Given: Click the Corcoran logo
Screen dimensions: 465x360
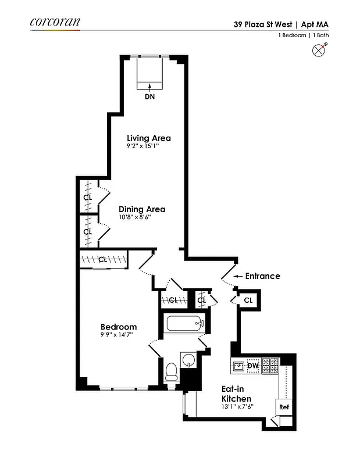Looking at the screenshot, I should (x=55, y=23).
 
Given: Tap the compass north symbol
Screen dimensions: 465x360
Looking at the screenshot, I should (x=318, y=51).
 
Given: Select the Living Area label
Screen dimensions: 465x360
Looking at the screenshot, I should (x=149, y=138).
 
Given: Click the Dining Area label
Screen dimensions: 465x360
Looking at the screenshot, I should (x=142, y=209).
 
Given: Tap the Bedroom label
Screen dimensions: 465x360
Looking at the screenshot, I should (x=119, y=327).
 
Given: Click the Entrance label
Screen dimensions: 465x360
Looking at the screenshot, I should (x=262, y=276).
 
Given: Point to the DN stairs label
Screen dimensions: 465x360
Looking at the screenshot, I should (x=150, y=96).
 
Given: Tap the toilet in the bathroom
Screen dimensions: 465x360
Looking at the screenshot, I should (x=172, y=370).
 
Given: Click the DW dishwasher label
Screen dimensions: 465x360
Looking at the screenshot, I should (x=253, y=366).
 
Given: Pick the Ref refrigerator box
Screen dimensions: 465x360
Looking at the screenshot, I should (x=284, y=407).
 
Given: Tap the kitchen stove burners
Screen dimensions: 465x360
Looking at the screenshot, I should (x=270, y=365).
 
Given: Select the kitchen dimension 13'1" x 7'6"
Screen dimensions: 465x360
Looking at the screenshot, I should (x=236, y=407).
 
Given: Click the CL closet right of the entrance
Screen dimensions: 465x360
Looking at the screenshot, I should (x=248, y=300).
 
